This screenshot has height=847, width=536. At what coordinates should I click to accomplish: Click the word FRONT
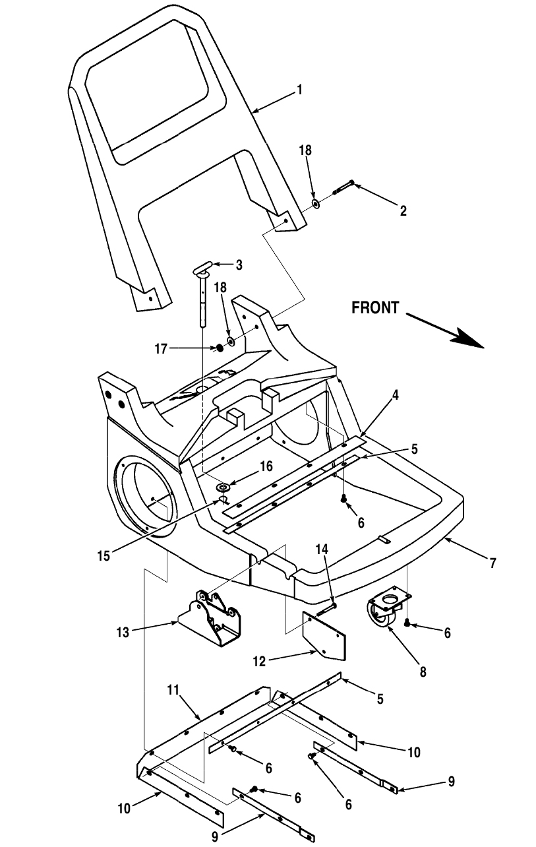(375, 308)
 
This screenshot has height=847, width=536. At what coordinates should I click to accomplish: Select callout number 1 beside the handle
(299, 90)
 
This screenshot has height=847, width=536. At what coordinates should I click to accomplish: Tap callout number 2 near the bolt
(403, 211)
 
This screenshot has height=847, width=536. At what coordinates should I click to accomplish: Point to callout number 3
(239, 265)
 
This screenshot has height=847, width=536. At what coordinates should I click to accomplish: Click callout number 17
(161, 349)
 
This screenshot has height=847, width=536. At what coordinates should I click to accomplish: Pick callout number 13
(123, 632)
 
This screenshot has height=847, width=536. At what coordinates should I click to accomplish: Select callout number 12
(260, 662)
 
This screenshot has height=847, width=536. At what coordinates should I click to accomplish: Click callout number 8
(423, 672)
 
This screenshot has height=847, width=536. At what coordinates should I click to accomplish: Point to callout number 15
(104, 555)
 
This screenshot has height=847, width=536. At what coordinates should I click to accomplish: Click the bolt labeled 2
(343, 187)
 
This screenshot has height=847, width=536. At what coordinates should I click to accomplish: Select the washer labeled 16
(223, 486)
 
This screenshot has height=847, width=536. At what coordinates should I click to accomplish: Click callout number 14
(322, 549)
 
